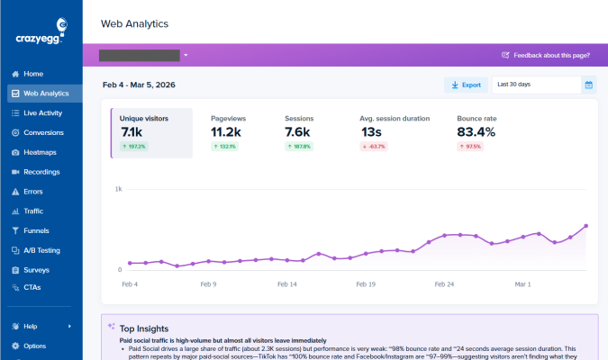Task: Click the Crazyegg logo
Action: coord(41,35)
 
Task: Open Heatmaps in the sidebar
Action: coord(40,152)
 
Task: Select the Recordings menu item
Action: coord(41,172)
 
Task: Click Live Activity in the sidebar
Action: coord(42,112)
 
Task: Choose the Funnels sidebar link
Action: coord(36,230)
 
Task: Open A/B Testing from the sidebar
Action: coord(41,250)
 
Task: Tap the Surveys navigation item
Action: coord(36,270)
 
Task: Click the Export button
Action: coord(465,85)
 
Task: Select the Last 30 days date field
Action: coord(535,85)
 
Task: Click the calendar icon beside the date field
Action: coord(589,85)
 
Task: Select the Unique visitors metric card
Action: coord(151,133)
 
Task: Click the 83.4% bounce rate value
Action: coord(476,132)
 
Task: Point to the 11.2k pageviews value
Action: coord(226,132)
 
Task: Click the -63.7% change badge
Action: coord(375,147)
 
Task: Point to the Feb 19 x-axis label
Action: coord(366,283)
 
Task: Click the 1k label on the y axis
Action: coord(118,189)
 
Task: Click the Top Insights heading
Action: coord(143,328)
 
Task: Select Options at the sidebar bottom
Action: coord(34,346)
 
